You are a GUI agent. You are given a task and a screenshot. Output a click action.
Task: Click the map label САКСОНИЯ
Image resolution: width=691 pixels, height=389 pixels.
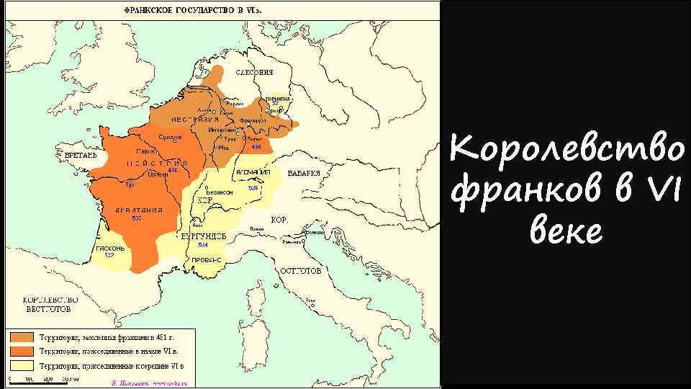[255, 72]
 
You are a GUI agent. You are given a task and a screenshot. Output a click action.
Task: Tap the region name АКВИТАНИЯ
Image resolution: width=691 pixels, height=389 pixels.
[133, 210]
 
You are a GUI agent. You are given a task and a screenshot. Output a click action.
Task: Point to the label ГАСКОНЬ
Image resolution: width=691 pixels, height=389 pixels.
[109, 249]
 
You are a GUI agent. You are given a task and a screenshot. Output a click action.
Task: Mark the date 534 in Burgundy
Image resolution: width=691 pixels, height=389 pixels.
[202, 245]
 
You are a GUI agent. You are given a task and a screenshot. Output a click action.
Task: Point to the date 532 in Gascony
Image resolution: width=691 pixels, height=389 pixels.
[109, 255]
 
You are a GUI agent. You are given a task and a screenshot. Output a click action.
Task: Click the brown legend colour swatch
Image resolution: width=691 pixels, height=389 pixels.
[21, 337]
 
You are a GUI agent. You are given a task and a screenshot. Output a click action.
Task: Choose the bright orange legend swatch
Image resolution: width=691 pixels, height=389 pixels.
[21, 351]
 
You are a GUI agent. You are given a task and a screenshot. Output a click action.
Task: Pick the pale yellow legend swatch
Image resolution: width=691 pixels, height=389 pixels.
[21, 365]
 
